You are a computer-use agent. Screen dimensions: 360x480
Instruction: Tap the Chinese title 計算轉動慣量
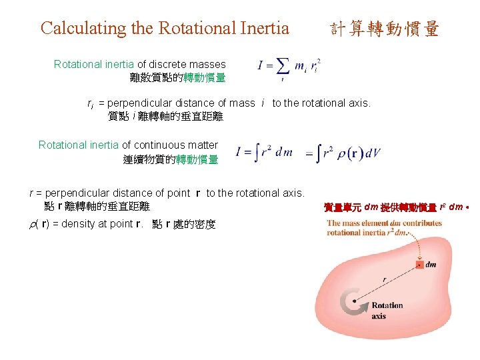point(385,29)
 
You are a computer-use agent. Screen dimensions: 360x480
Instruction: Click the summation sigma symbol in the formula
point(283,66)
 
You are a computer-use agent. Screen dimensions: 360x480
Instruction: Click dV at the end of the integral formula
point(373,153)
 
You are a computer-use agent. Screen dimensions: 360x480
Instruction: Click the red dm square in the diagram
point(419,265)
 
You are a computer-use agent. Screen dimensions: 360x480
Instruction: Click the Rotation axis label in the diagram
point(387,310)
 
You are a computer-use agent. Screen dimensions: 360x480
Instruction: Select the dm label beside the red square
point(431,265)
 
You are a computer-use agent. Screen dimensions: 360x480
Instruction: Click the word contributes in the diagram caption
point(419,223)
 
